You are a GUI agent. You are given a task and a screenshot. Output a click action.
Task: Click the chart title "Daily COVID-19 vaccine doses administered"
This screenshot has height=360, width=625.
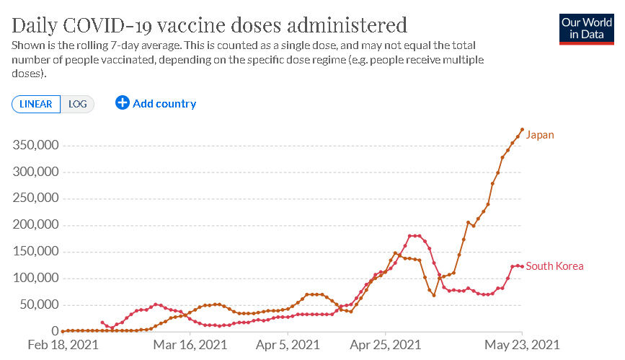(x=210, y=26)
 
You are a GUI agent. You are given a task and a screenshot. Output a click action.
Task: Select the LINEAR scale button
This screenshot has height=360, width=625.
(x=36, y=104)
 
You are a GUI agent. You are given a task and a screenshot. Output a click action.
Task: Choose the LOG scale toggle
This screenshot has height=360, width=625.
(x=77, y=104)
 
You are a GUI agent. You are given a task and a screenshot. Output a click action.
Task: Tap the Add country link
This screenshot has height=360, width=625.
(x=164, y=104)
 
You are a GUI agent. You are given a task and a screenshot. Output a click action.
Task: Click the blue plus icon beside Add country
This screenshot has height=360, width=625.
(x=123, y=103)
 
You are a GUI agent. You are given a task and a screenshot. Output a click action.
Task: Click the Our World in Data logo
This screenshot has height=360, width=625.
(x=586, y=28)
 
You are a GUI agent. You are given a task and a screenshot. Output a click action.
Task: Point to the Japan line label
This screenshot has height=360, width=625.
(x=540, y=135)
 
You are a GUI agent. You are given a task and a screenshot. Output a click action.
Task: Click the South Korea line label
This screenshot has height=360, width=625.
(x=554, y=266)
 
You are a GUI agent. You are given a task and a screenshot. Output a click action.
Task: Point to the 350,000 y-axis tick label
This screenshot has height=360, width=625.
(x=35, y=146)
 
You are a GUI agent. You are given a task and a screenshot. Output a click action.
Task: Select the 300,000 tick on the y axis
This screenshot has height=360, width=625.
(x=35, y=172)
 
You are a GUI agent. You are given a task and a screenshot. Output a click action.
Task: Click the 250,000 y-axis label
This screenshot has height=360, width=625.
(x=35, y=198)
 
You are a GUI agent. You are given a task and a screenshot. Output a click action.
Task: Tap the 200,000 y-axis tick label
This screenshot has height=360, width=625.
(x=35, y=225)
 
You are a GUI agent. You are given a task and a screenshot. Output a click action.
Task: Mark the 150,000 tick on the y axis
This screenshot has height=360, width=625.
(x=35, y=252)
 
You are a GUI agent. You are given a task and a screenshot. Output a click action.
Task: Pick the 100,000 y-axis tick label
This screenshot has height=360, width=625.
(x=35, y=278)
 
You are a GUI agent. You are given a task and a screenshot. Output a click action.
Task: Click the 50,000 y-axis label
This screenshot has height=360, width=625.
(x=38, y=304)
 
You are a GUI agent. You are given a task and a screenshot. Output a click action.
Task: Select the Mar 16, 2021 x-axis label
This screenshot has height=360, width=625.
(x=190, y=346)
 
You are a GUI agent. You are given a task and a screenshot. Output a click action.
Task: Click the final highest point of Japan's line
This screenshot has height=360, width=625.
(x=522, y=130)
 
